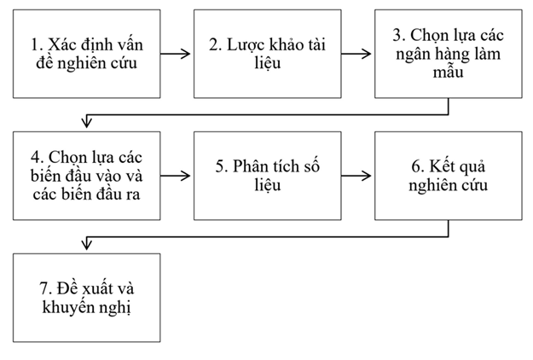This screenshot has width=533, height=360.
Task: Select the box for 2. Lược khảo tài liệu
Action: point(267,54)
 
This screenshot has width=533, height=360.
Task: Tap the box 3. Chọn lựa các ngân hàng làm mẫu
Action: point(448,54)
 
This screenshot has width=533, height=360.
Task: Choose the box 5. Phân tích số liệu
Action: point(267,175)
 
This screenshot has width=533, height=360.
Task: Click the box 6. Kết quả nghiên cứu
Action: point(448,175)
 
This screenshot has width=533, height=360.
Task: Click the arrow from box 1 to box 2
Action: point(177,54)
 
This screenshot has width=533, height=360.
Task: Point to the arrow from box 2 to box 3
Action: point(357,54)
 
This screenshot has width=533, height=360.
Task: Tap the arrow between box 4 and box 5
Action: point(177,176)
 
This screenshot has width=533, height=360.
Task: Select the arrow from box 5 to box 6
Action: point(357,176)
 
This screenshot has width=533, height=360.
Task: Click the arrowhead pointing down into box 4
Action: point(84,125)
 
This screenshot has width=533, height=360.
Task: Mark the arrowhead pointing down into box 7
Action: point(84,247)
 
